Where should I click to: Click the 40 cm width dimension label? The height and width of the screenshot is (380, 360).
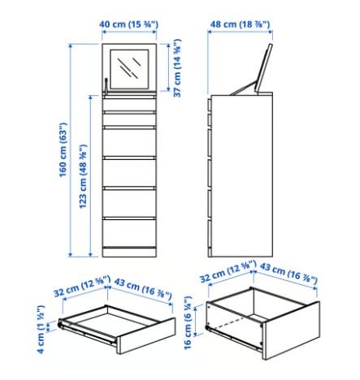[128, 24]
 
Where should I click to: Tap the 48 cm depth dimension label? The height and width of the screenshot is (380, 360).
[240, 24]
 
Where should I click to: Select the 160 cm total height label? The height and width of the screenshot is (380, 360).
[63, 149]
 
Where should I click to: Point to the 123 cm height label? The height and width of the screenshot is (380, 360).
[83, 176]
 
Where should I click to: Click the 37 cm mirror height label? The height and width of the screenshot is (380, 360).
[177, 68]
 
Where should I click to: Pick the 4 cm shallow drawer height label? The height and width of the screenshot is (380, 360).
[41, 329]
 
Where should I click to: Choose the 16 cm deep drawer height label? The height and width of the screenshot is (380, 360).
[188, 322]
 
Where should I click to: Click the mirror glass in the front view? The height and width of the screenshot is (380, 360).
[129, 69]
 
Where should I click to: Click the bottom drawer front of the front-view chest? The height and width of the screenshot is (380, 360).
[129, 233]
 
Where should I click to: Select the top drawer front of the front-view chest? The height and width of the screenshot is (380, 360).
[129, 105]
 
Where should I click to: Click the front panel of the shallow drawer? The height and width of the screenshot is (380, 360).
[146, 335]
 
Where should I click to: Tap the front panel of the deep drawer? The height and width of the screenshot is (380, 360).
[292, 330]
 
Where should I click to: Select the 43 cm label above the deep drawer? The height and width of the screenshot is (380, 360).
[288, 273]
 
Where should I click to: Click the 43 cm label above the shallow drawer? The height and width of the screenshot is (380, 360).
[143, 289]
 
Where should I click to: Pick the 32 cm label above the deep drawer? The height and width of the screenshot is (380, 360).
[228, 271]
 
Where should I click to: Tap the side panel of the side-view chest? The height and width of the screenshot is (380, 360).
[241, 175]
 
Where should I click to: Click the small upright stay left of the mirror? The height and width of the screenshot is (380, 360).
[106, 86]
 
